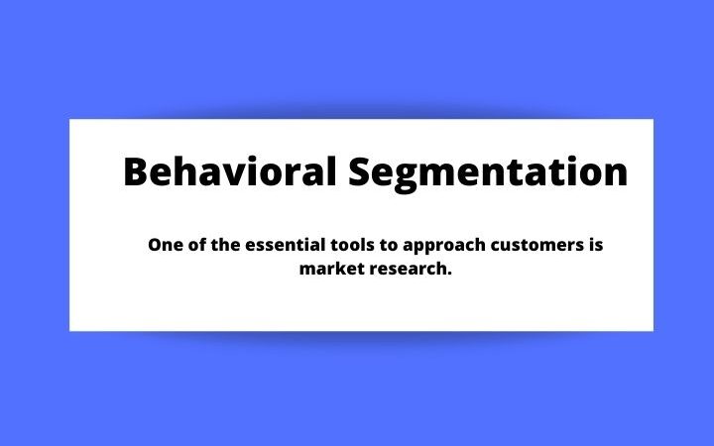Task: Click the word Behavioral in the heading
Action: (230, 172)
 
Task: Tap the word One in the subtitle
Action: (165, 245)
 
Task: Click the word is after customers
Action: (596, 245)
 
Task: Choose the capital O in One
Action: (154, 245)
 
